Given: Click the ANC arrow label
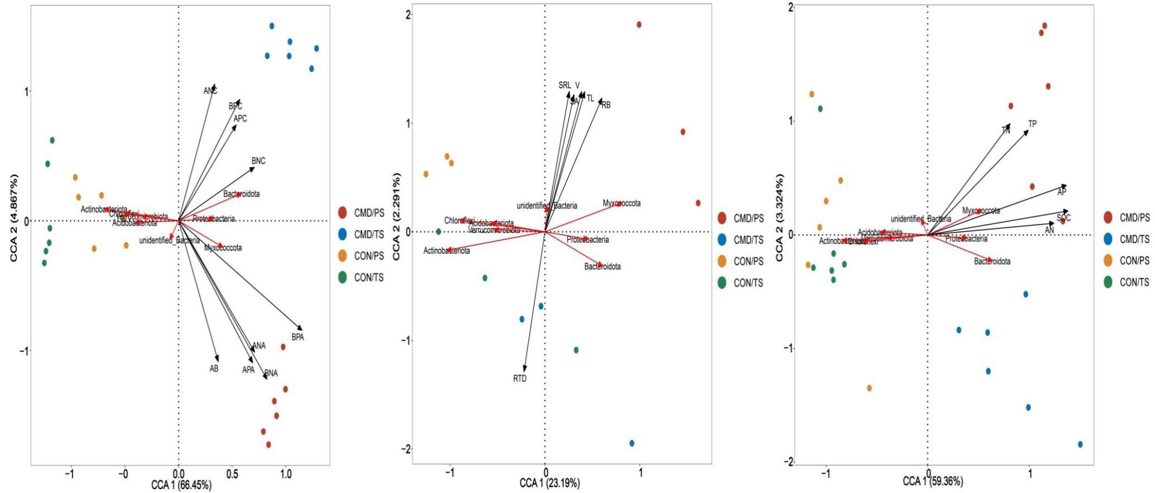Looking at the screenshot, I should [210, 91].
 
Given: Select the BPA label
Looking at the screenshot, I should [298, 337].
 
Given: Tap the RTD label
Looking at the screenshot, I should [519, 378].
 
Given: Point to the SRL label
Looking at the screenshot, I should [565, 86].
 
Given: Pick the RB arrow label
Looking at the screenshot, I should [606, 105].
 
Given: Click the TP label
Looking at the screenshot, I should [1032, 124].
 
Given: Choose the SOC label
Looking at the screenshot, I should [1063, 218].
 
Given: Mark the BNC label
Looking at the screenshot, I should [258, 161].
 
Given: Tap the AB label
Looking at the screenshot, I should [214, 368].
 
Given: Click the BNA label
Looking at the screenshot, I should [271, 373].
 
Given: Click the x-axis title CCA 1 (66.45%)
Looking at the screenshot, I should [182, 485].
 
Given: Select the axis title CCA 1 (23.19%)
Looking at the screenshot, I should [550, 483].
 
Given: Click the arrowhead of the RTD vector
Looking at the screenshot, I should [524, 371].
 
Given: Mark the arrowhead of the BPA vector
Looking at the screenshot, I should [302, 330].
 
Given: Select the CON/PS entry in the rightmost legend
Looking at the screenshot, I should [1134, 260].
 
